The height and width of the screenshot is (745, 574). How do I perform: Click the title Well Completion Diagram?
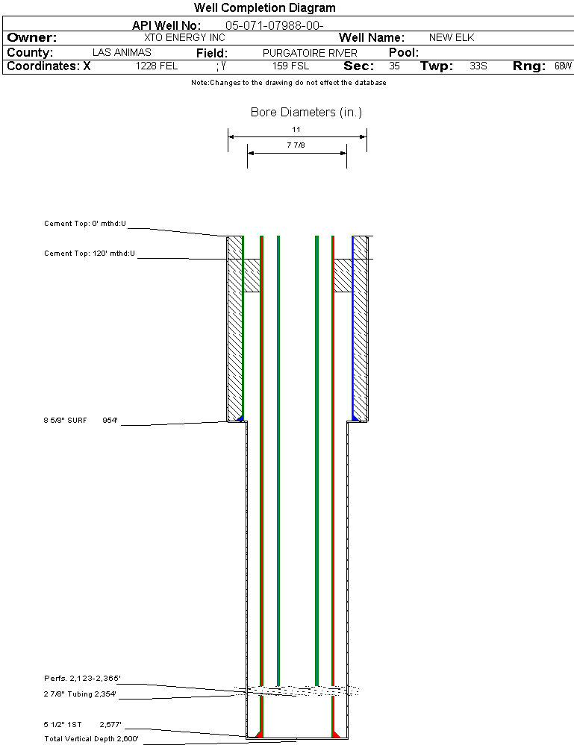pyautogui.click(x=264, y=8)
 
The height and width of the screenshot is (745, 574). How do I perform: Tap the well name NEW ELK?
pyautogui.click(x=452, y=37)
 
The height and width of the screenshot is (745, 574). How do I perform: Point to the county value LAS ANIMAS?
pyautogui.click(x=122, y=53)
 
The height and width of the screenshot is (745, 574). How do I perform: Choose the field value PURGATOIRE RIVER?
pyautogui.click(x=310, y=53)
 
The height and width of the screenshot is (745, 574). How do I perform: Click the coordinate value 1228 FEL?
pyautogui.click(x=157, y=66)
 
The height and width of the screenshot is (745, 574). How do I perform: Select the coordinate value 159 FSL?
pyautogui.click(x=291, y=66)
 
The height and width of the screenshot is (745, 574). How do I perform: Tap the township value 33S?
pyautogui.click(x=478, y=66)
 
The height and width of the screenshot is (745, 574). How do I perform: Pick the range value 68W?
pyautogui.click(x=563, y=66)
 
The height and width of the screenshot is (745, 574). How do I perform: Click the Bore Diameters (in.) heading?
pyautogui.click(x=306, y=113)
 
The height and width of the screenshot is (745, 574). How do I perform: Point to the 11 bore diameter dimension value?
pyautogui.click(x=296, y=130)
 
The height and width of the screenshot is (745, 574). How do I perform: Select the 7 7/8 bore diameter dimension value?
pyautogui.click(x=296, y=145)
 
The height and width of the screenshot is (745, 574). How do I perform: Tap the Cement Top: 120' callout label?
pyautogui.click(x=90, y=254)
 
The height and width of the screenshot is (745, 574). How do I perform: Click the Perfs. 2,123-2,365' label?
pyautogui.click(x=82, y=679)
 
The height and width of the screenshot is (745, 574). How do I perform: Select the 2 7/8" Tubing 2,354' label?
pyautogui.click(x=80, y=694)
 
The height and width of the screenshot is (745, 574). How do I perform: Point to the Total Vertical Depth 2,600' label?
pyautogui.click(x=91, y=739)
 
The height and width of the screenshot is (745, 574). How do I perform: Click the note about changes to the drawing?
pyautogui.click(x=289, y=83)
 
